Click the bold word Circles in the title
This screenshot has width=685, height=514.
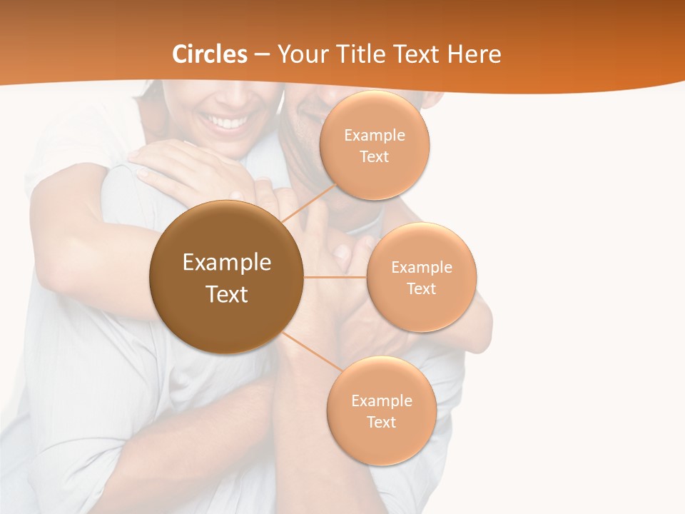tap(209, 54)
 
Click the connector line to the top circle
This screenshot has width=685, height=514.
tap(308, 203)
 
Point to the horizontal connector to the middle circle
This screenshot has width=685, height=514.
tap(335, 277)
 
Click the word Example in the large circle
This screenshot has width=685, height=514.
tap(227, 263)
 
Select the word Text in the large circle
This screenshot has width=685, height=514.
tap(227, 294)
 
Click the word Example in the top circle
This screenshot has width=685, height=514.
tap(375, 136)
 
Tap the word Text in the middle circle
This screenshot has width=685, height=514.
tap(422, 288)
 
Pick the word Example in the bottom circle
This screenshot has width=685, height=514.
tap(382, 401)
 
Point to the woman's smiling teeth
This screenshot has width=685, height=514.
tap(227, 122)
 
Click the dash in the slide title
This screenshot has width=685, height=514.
tap(261, 55)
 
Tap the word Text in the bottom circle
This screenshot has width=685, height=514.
tap(382, 422)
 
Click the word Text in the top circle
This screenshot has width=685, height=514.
tap(375, 156)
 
